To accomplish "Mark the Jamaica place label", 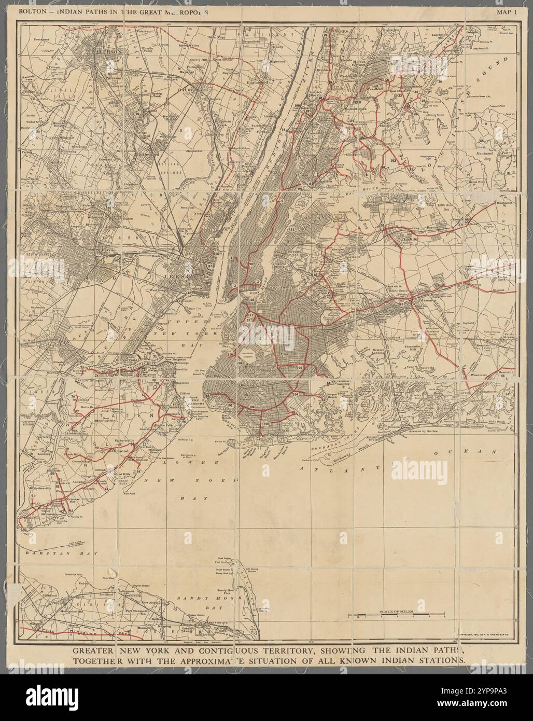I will coord(426,300).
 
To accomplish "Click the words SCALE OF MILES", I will coord(397,612).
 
